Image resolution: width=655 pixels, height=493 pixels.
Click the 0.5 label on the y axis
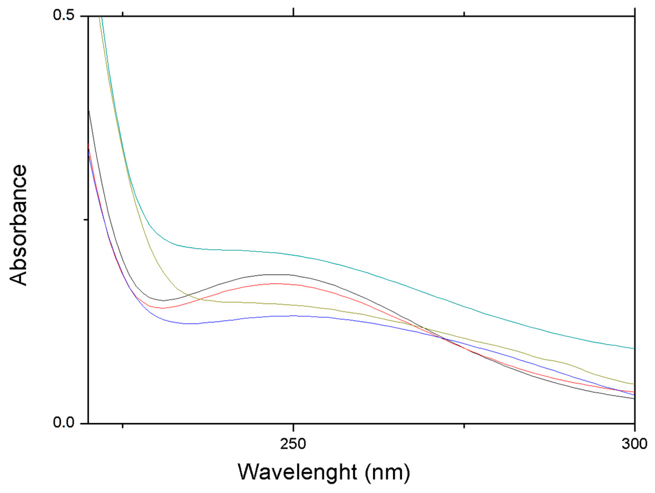click(63, 15)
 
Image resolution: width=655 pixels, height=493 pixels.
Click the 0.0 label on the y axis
click(63, 422)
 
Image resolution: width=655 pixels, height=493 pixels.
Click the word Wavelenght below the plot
click(297, 472)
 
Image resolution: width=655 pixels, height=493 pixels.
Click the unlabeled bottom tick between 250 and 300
click(464, 426)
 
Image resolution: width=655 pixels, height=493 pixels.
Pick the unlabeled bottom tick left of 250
click(122, 426)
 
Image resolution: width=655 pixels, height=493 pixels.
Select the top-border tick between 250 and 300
click(464, 13)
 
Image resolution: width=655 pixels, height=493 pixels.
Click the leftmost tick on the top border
click(122, 13)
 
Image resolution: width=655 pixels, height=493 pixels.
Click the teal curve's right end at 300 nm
click(634, 348)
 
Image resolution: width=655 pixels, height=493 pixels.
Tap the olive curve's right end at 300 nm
click(634, 384)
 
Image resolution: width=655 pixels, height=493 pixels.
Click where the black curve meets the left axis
click(89, 112)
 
